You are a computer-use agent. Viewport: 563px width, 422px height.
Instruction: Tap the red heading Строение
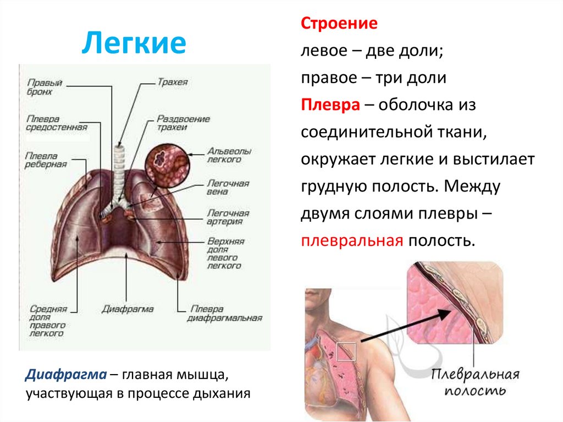[x=339, y=24]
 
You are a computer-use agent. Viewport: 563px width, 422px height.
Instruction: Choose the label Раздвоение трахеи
[x=183, y=123]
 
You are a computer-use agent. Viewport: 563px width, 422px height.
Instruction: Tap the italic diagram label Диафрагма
[x=128, y=309]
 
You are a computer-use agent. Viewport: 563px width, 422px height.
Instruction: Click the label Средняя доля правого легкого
[x=49, y=321]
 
